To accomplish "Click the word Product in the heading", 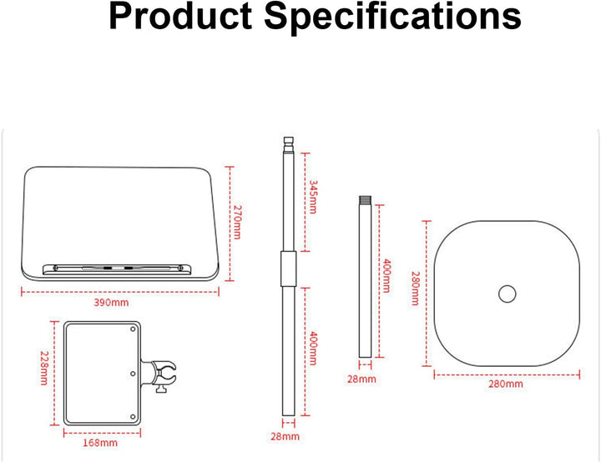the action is click(180, 18).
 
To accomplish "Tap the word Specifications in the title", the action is click(393, 18).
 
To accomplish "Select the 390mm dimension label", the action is click(111, 303).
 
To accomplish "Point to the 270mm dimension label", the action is click(238, 222).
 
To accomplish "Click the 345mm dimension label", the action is click(313, 197).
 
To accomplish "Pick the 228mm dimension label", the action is click(44, 368).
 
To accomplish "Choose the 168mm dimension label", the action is click(100, 443).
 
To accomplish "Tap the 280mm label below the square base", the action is click(506, 384).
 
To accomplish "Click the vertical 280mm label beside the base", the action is click(415, 289).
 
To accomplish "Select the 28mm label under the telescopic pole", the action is click(285, 436).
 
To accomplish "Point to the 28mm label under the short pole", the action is click(361, 379).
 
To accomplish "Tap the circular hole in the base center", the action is click(508, 294).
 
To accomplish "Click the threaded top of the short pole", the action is click(366, 200).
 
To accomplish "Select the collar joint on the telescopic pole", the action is click(288, 269).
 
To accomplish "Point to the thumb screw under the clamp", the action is click(160, 389).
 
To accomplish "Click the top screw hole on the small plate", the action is click(133, 329).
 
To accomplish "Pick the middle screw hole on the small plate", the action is click(133, 374).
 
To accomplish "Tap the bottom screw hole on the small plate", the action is click(133, 417).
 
